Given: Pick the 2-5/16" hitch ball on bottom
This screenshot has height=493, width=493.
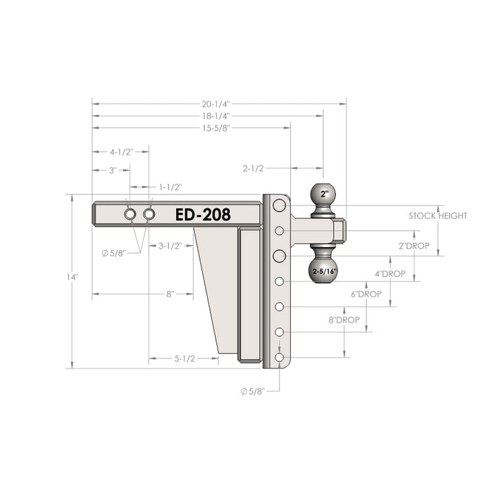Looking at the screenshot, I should click(323, 269).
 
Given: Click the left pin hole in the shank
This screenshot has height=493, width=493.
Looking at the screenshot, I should click(131, 214).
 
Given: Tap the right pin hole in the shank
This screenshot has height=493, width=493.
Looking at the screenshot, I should click(149, 214).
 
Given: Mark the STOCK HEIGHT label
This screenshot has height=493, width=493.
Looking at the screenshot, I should click(437, 216).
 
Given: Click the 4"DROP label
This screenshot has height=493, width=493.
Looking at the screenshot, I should click(389, 273).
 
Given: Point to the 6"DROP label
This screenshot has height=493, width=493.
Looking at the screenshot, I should click(366, 294).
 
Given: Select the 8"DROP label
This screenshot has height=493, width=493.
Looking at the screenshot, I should click(343, 319).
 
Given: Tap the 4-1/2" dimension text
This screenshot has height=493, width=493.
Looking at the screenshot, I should click(121, 152).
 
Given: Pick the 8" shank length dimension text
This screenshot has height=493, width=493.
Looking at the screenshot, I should click(170, 294).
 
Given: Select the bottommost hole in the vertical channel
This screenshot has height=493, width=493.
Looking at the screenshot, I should click(280, 358).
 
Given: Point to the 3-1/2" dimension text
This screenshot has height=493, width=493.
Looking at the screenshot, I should click(170, 246).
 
